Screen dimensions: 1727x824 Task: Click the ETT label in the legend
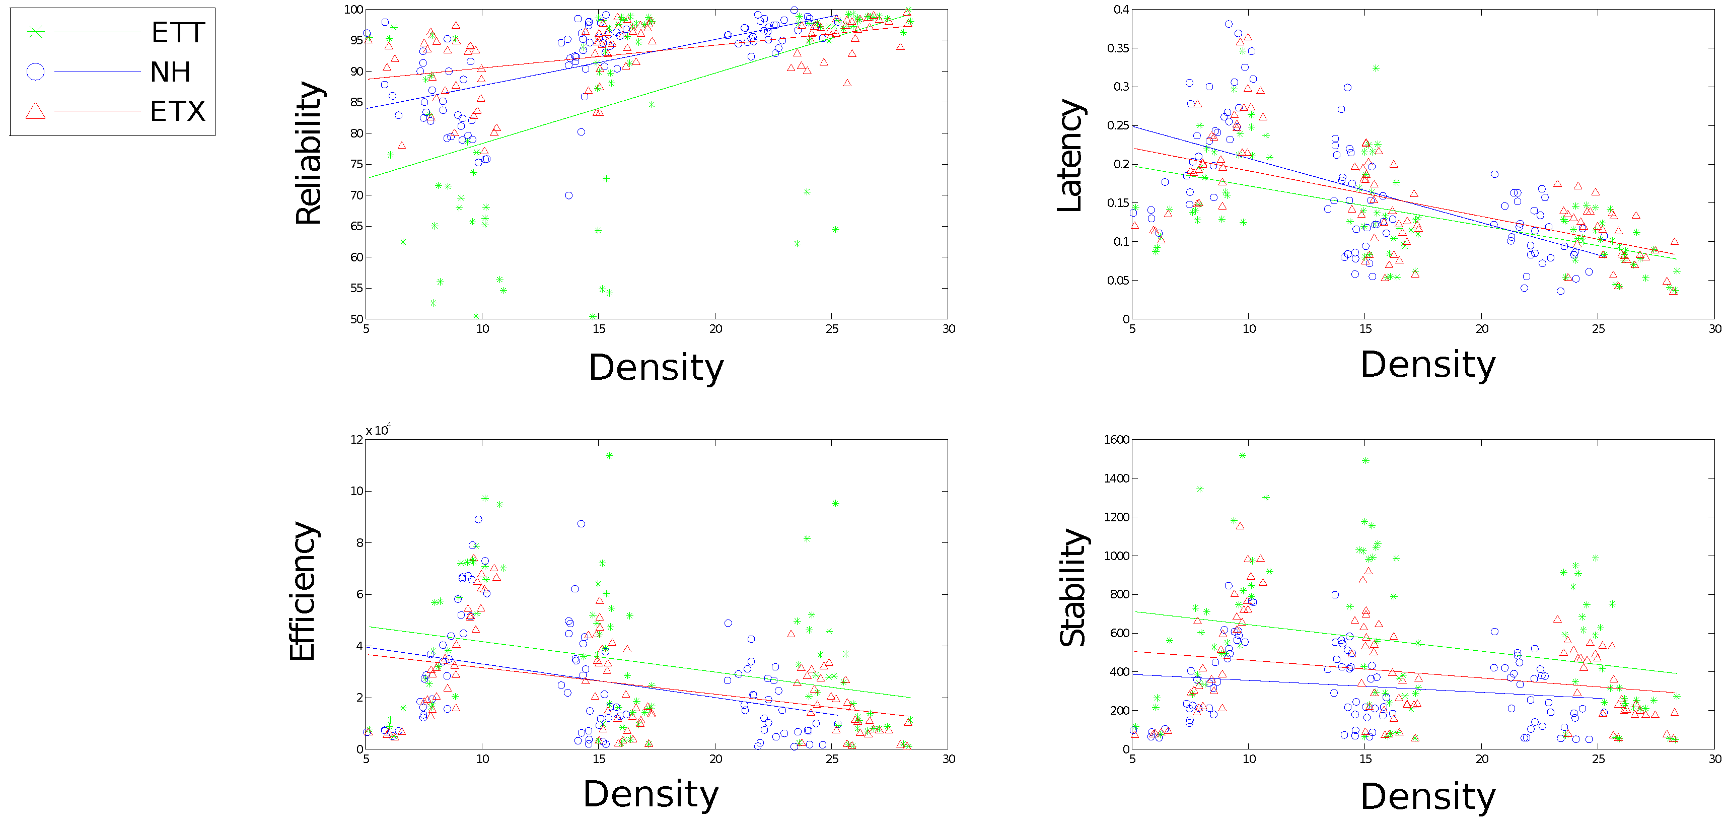coord(178,33)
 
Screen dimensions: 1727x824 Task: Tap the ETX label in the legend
coord(178,111)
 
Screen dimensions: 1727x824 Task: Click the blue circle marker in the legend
coord(36,72)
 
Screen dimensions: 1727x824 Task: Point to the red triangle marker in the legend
coord(36,111)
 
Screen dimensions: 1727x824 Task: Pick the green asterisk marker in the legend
coord(36,32)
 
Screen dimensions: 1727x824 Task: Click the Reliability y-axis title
coord(309,153)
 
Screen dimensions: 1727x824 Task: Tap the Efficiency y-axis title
coord(303,591)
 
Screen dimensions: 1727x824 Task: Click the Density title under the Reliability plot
coord(657,367)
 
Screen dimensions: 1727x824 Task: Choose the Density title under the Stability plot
coord(1428,796)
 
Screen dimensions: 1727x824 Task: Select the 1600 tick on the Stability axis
coord(1117,440)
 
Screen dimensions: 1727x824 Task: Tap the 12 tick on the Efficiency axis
coord(356,440)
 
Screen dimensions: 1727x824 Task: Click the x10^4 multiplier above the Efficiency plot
coord(378,430)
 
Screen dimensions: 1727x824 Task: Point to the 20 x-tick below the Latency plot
coord(1482,328)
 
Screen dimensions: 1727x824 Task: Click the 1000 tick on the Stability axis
coord(1117,556)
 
